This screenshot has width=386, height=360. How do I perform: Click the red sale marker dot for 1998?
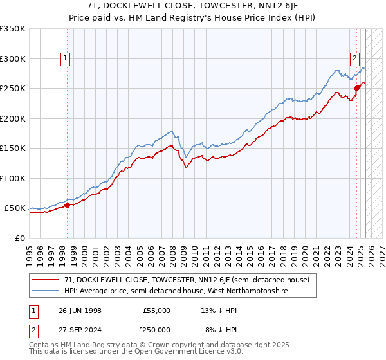68,205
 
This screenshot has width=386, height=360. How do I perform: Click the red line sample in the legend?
46,280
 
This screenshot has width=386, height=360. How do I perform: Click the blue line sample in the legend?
46,291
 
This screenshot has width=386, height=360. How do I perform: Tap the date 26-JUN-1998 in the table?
80,310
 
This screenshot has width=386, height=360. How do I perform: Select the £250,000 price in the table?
156,328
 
